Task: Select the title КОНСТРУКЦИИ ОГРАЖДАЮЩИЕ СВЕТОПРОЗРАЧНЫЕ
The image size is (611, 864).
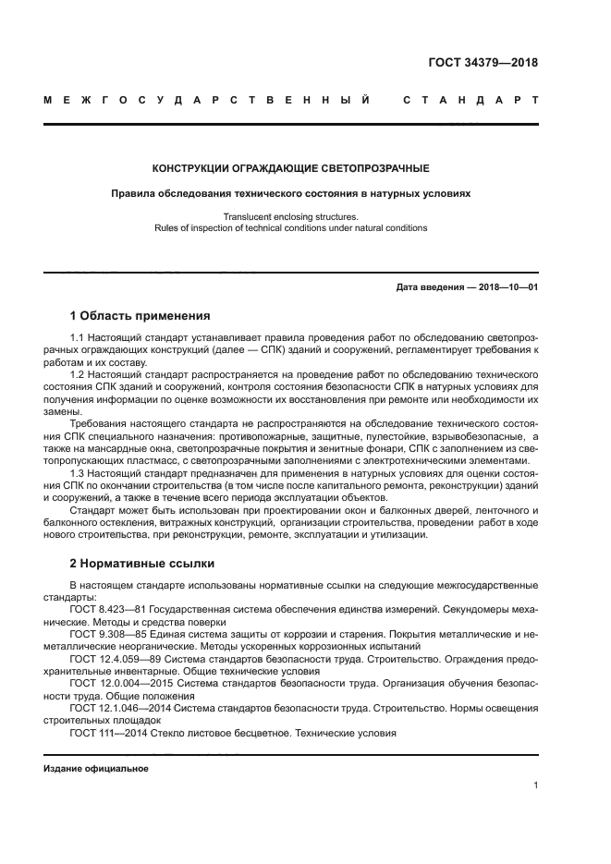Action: click(x=290, y=169)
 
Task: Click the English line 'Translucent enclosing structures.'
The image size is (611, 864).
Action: click(x=290, y=216)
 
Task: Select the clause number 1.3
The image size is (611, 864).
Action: click(x=78, y=473)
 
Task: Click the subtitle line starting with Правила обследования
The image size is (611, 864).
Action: click(x=290, y=195)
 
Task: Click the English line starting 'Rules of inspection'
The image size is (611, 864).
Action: click(x=290, y=228)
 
